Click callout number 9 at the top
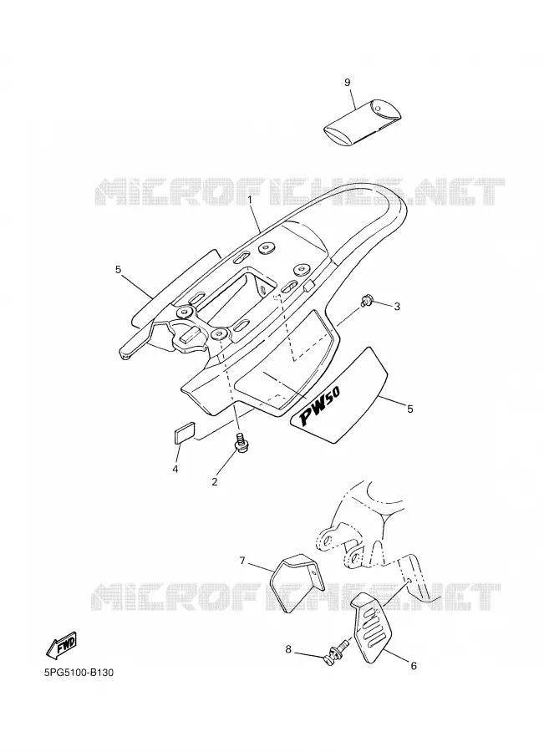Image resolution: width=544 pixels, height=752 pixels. pyautogui.click(x=348, y=83)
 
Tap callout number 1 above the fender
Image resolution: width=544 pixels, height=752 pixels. pyautogui.click(x=251, y=199)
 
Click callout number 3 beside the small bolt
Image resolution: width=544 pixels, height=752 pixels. pyautogui.click(x=397, y=306)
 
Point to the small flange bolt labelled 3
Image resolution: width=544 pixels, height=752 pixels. pyautogui.click(x=366, y=301)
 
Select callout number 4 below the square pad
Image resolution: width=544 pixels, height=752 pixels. pyautogui.click(x=175, y=469)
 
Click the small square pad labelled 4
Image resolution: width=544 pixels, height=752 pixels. pyautogui.click(x=182, y=429)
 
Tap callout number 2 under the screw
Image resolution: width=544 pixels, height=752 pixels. pyautogui.click(x=215, y=481)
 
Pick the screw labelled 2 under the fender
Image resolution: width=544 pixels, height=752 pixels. pyautogui.click(x=241, y=442)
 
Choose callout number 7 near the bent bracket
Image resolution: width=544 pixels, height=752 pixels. pyautogui.click(x=242, y=560)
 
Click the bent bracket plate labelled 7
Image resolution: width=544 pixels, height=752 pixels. pyautogui.click(x=297, y=583)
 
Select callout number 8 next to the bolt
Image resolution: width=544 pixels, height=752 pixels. pyautogui.click(x=288, y=649)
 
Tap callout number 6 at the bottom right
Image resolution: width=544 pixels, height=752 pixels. pyautogui.click(x=414, y=666)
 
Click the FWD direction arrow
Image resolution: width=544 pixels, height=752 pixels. pyautogui.click(x=61, y=646)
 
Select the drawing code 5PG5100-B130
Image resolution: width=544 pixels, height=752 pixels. pyautogui.click(x=79, y=673)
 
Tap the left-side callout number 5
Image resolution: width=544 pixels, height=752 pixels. pyautogui.click(x=118, y=270)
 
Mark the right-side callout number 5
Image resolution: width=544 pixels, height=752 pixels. pyautogui.click(x=409, y=409)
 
